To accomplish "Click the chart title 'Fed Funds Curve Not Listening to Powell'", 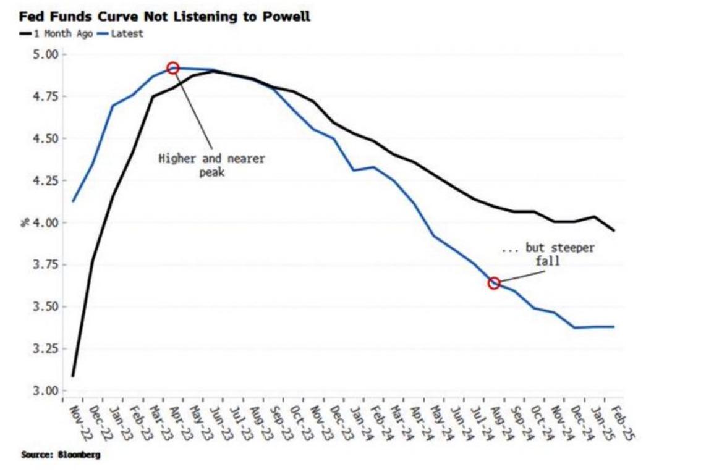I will pos(164,17).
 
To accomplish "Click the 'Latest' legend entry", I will pos(127,33).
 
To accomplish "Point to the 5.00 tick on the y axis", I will pos(45,54).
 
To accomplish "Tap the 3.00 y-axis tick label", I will pos(45,390).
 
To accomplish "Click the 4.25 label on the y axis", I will pos(45,180).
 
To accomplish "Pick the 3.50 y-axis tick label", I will pos(45,306).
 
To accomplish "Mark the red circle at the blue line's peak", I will pos(173,68).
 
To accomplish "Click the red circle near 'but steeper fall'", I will pos(494,283).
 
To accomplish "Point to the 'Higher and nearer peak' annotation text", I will pos(211,165).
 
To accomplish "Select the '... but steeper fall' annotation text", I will pos(548,254).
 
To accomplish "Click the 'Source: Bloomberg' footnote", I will pos(60,455).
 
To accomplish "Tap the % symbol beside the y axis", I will pos(25,222).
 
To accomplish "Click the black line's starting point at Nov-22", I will pos(73,376).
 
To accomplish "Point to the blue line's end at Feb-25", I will pos(614,327).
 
